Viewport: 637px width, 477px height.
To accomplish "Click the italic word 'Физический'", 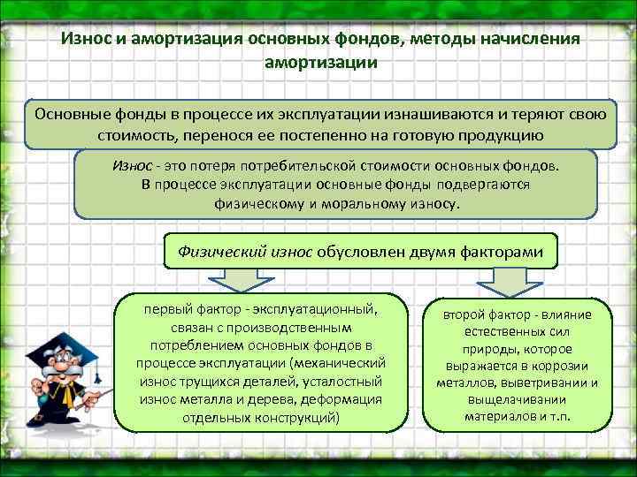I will [x=219, y=251].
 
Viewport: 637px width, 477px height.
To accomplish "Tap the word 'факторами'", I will [x=508, y=251].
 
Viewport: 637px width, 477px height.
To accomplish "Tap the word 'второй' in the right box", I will [x=465, y=315].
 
